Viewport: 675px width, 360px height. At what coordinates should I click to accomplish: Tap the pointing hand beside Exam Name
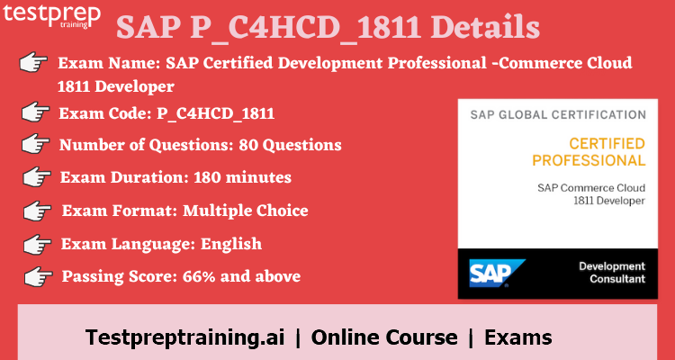click(33, 63)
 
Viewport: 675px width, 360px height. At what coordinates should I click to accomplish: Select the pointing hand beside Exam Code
click(35, 112)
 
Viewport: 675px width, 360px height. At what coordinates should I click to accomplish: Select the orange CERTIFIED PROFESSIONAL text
click(588, 152)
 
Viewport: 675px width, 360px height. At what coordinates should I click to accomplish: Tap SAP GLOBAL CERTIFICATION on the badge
click(558, 115)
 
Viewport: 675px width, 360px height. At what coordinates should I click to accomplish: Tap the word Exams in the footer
click(518, 337)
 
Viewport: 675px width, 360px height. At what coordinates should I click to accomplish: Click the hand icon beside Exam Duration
click(36, 177)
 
